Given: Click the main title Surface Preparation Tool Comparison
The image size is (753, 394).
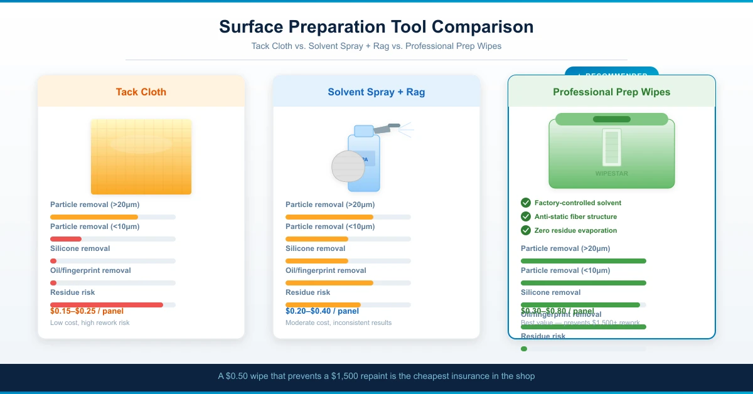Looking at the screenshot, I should coord(376,27).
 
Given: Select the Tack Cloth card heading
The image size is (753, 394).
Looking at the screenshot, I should coord(141,92).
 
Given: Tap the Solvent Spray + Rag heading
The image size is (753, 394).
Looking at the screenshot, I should coord(376,92).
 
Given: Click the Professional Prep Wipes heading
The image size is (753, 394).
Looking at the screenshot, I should coord(611,92).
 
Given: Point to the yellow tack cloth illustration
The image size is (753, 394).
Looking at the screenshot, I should coord(141,157).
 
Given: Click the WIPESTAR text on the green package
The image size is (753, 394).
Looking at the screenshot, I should coord(611,174).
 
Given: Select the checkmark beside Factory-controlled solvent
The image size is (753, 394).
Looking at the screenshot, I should coord(526,203).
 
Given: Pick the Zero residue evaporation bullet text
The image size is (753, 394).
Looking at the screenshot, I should coord(575,230).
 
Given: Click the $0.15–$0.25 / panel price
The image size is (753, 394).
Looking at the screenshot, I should coord(87,311).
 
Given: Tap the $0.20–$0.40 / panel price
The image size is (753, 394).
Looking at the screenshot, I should coord(322,311).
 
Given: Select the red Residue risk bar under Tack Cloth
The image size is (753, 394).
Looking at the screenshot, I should coord(107,305).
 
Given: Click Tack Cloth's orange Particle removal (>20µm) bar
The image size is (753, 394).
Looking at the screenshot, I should coord(94,217).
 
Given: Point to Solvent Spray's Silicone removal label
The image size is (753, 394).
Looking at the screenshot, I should coord(315,248).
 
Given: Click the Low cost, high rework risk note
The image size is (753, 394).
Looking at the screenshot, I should coord(90,322).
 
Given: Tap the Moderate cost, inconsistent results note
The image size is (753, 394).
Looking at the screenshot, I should coord(338,322).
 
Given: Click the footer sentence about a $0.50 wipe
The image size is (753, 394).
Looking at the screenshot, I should coord(376,376).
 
